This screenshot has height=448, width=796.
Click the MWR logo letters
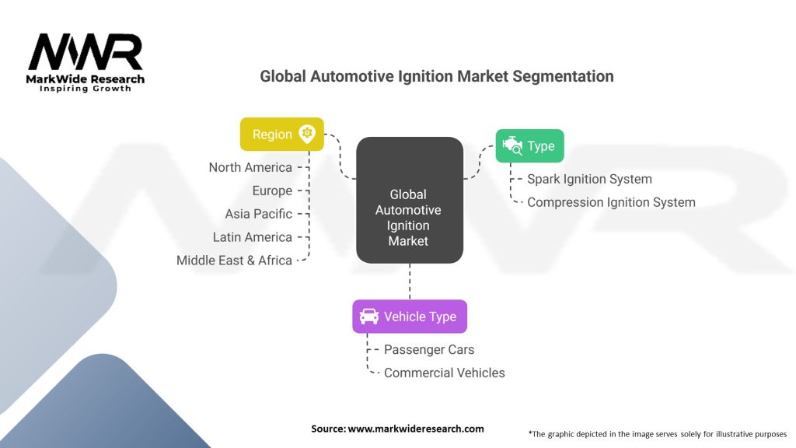(x=86, y=53)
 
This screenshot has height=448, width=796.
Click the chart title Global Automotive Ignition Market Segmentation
(x=436, y=76)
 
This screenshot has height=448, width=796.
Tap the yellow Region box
(x=281, y=134)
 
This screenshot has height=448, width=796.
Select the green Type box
(x=529, y=145)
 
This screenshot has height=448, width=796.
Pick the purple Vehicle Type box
(x=409, y=317)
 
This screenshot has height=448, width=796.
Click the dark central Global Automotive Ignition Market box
(x=409, y=200)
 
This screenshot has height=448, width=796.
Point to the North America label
(x=250, y=167)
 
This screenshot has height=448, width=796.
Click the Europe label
(x=272, y=191)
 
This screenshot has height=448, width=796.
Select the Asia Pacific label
(x=259, y=214)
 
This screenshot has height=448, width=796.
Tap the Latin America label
(x=253, y=237)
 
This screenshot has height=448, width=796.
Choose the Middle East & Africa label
(x=234, y=261)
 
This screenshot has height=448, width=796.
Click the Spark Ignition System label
(x=589, y=179)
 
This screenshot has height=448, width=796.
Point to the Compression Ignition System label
(x=611, y=202)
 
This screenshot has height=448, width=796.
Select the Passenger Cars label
(x=429, y=350)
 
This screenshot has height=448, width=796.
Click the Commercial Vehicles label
(x=444, y=373)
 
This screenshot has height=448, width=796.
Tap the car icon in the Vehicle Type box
(x=369, y=317)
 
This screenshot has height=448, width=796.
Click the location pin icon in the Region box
(x=307, y=134)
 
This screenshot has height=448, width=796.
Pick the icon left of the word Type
(x=512, y=145)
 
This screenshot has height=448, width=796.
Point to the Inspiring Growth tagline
(x=86, y=89)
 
